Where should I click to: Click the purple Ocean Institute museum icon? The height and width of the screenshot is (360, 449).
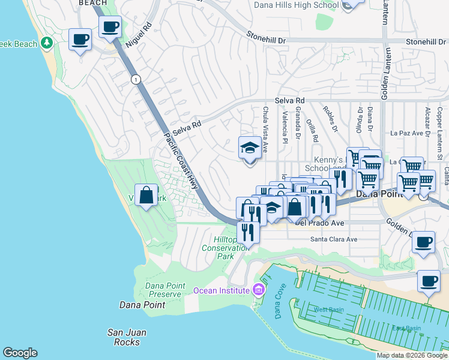[x=258, y=290]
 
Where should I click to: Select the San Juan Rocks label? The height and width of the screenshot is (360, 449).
[x=127, y=337]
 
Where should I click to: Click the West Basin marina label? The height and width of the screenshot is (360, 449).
[x=328, y=310]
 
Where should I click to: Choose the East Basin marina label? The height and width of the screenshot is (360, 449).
[x=406, y=328]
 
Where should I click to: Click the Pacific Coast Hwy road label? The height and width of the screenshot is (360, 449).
[x=181, y=161]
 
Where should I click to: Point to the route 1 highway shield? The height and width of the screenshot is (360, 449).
[x=136, y=79]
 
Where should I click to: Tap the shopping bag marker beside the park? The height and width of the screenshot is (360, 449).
[x=146, y=195]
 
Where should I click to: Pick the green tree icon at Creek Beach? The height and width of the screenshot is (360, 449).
[x=47, y=44]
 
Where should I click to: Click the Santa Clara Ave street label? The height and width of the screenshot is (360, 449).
[x=333, y=239]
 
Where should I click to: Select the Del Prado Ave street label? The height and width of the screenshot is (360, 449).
[x=319, y=223]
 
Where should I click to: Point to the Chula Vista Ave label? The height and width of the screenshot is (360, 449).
[x=265, y=129]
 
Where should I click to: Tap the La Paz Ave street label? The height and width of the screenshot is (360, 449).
[x=407, y=133]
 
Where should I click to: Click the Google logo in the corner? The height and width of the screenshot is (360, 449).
[x=20, y=353]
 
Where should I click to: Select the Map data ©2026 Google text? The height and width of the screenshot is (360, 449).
[x=412, y=355]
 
